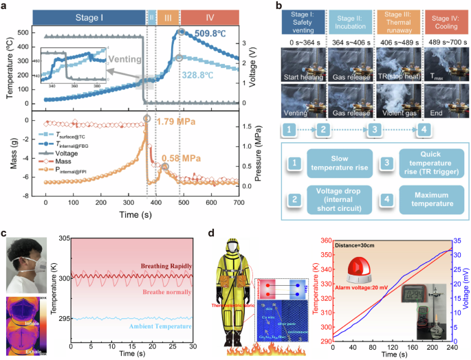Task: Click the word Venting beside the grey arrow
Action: pos(104,60)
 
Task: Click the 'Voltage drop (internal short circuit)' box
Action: pos(338,199)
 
